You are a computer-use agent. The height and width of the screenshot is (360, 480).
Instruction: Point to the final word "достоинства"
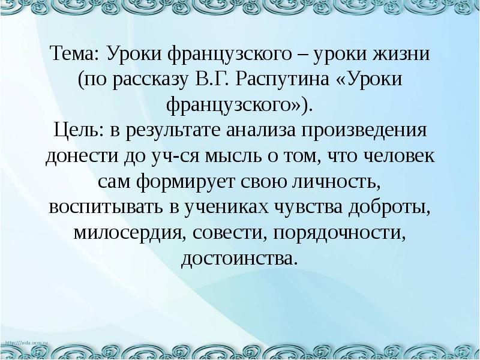coord(239,258)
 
